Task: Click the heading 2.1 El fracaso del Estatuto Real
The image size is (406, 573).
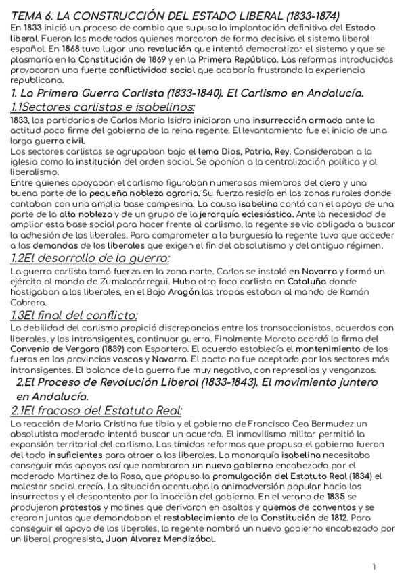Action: point(96,410)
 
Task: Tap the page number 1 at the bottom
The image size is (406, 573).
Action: point(374,566)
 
